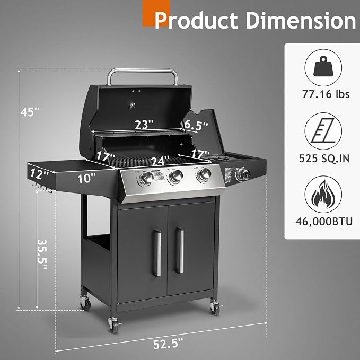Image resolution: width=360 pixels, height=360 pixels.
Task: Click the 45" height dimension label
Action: click(30, 111)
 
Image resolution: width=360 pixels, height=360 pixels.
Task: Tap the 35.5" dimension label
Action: click(42, 254)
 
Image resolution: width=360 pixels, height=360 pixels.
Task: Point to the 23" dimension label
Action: click(144, 125)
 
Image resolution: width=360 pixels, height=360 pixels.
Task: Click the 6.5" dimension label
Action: click(196, 125)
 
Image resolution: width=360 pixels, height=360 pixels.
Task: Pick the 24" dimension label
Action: click(160, 161)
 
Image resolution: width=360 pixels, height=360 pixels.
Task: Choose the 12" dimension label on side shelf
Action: click(39, 174)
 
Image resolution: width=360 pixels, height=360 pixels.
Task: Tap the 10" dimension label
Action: click(86, 178)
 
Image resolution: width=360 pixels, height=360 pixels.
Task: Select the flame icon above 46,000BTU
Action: click(323, 194)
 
